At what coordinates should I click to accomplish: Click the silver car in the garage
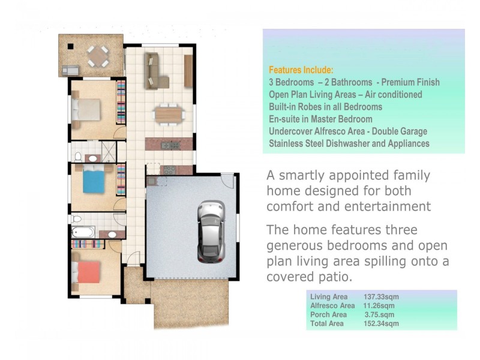tap(211, 232)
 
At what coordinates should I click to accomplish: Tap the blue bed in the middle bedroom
tap(94, 180)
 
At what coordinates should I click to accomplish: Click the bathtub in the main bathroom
tap(83, 232)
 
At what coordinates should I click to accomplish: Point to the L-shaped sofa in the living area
tap(155, 71)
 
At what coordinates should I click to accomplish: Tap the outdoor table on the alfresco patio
tap(98, 56)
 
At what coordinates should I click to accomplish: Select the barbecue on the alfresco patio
tap(70, 71)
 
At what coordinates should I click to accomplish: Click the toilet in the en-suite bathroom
tap(78, 157)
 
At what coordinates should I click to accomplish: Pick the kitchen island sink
tap(170, 146)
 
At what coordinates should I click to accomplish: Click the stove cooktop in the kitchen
tap(170, 170)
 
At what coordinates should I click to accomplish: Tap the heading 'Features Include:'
tap(301, 70)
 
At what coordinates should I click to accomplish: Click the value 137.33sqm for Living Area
tap(381, 296)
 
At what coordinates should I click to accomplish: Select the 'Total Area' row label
tap(327, 323)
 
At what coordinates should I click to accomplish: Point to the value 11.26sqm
tap(379, 305)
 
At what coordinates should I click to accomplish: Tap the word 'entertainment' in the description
tap(389, 206)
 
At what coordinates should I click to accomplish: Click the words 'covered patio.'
tap(310, 277)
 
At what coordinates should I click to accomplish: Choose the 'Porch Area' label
tap(328, 314)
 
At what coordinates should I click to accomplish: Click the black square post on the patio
tap(70, 46)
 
